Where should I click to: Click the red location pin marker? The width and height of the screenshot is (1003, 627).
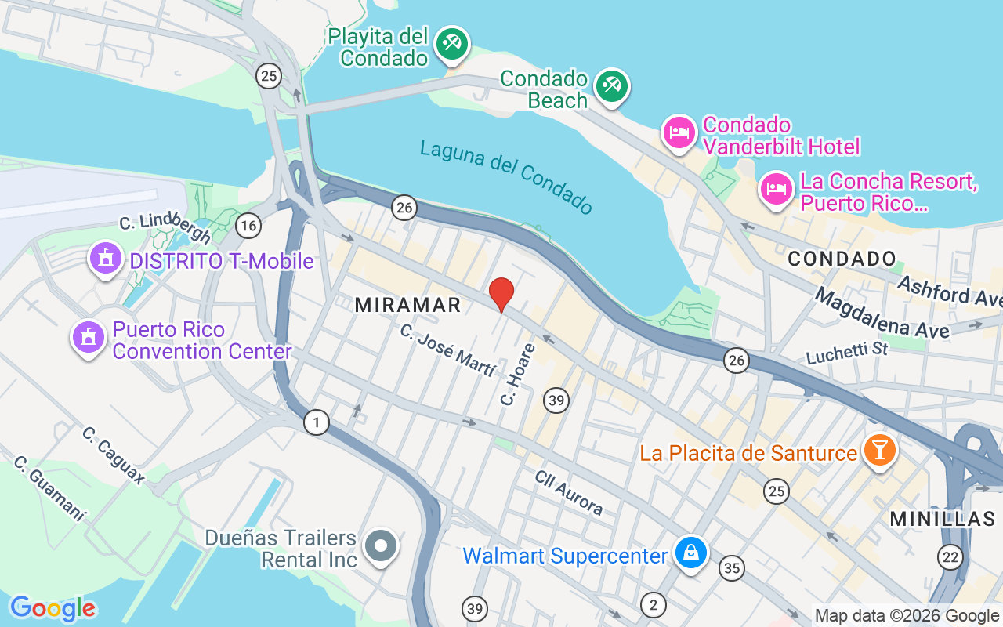tap(501, 295)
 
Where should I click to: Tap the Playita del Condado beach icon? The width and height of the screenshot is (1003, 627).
tap(451, 44)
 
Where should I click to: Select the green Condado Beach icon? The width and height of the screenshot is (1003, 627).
tap(611, 86)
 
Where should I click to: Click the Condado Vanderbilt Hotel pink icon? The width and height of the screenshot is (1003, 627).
tap(679, 132)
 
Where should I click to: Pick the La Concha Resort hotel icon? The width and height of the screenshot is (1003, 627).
tap(776, 189)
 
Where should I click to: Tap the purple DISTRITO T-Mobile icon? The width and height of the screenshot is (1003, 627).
tap(105, 258)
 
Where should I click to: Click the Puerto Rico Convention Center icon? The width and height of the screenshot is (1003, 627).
tap(88, 337)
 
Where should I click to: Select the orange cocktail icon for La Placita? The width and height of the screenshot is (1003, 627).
tap(879, 451)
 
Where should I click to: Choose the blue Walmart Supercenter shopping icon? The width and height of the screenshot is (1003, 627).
tap(691, 553)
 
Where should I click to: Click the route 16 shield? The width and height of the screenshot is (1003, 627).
tap(248, 227)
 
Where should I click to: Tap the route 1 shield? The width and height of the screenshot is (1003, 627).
tap(317, 422)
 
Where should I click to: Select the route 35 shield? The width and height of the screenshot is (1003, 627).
tap(732, 568)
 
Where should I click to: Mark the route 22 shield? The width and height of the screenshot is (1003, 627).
tap(950, 557)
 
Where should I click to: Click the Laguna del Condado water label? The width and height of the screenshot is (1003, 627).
tap(507, 177)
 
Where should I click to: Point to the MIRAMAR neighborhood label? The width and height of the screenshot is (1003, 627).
tap(408, 305)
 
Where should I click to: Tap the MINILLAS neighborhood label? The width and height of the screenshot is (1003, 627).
tap(943, 518)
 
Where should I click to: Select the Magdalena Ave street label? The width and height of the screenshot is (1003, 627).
tap(882, 313)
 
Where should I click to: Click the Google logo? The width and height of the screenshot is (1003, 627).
tap(53, 608)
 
